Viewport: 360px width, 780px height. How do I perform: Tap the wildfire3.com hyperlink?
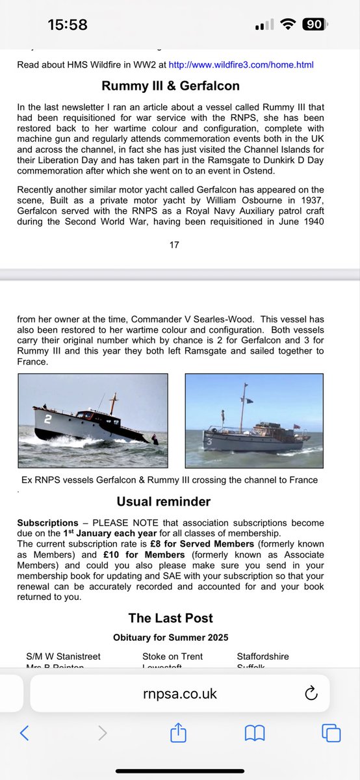pos(240,65)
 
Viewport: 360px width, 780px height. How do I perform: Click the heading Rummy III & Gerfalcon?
pos(171,86)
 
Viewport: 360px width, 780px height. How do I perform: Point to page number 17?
pos(174,245)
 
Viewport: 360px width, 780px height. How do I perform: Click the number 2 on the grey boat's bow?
pos(47,419)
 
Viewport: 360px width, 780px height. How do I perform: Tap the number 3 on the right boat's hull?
pos(209,441)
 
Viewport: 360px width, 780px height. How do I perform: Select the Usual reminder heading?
pos(163,502)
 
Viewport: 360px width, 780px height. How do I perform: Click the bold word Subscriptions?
pos(47,523)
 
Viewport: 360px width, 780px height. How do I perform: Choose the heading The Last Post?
pos(170,618)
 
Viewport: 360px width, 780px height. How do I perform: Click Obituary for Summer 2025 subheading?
pos(170,637)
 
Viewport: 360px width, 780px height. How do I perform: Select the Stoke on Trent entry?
pos(172,656)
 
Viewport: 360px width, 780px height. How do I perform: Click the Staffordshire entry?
pos(263,656)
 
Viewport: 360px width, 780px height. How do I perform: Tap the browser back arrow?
pos(24,733)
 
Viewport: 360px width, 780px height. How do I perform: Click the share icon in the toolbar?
pos(178,733)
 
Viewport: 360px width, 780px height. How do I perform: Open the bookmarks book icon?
pos(254,733)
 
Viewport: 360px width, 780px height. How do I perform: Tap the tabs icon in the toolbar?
pos(331,733)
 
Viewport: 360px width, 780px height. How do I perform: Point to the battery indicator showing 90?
pos(314,25)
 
